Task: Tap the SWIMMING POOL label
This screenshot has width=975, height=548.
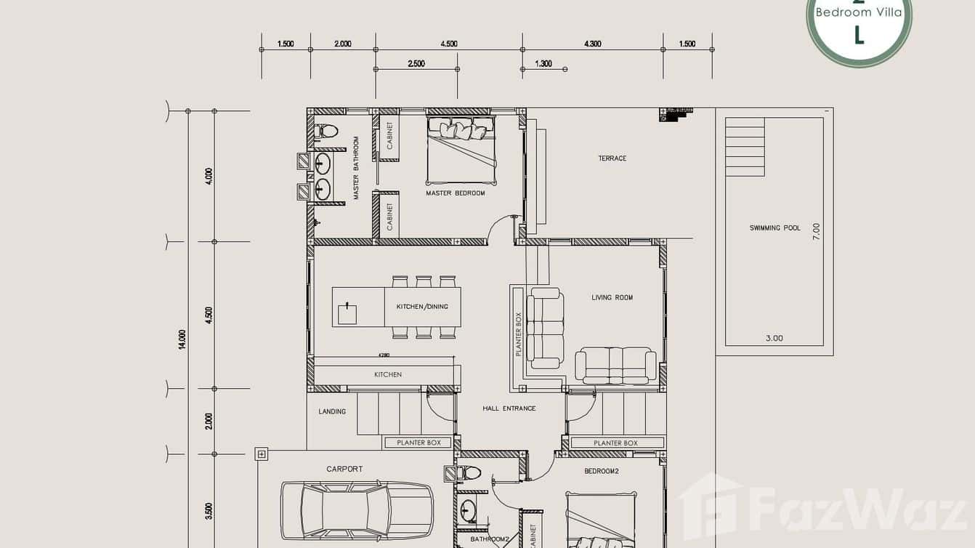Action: click(774, 228)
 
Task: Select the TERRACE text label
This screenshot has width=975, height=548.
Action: click(612, 158)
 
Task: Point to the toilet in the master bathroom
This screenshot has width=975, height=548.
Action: click(326, 132)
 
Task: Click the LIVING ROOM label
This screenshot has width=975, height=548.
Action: click(612, 297)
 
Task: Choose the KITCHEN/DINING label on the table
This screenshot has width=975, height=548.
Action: click(422, 307)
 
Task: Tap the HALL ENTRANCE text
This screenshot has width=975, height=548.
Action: click(509, 408)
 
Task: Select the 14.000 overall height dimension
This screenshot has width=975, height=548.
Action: click(182, 339)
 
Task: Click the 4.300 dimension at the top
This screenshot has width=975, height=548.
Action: click(592, 44)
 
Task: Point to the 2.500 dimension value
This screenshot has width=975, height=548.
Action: click(416, 64)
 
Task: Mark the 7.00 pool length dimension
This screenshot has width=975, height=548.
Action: click(817, 231)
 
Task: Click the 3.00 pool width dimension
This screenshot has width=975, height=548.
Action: click(774, 338)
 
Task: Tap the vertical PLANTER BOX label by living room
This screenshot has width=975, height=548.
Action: click(519, 334)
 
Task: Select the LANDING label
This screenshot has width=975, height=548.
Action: click(332, 411)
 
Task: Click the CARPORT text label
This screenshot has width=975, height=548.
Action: click(344, 470)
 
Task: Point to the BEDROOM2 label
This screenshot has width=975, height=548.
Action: click(601, 471)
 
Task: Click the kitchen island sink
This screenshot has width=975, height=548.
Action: click(348, 314)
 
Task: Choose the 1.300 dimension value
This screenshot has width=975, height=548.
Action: click(543, 64)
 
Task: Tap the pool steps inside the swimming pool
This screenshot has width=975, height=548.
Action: click(745, 147)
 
